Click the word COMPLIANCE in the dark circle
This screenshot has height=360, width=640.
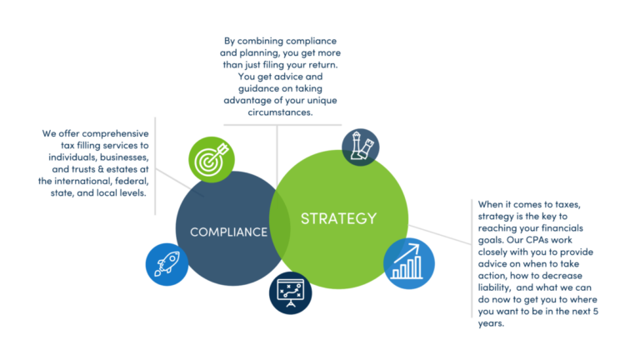point(228,232)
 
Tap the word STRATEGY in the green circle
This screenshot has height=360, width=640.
point(339,219)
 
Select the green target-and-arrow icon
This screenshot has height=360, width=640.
point(212,160)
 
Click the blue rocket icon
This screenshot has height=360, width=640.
point(167,264)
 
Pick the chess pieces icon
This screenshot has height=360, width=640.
point(360,147)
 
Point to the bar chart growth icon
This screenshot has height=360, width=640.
point(409,263)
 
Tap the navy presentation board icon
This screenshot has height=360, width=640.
point(291,293)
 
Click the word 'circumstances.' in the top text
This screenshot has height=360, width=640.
point(280,112)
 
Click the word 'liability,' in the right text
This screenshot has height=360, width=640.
point(494,287)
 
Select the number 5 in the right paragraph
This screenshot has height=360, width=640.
point(596,312)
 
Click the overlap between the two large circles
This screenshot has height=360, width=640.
point(280,222)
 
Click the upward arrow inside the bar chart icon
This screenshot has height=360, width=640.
point(407,253)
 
